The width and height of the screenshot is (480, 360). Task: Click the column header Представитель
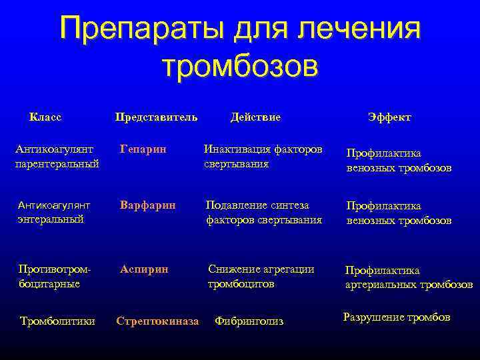tap(156, 117)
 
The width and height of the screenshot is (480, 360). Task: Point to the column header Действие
tap(255, 117)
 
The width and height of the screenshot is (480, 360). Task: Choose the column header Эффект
tap(389, 117)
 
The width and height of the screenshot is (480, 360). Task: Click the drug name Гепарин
tap(143, 148)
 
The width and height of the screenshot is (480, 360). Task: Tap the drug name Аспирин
tap(145, 269)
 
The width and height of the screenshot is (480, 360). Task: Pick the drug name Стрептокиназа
tap(157, 321)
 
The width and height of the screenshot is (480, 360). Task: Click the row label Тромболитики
tap(57, 321)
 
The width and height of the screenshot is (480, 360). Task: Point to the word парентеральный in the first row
tap(57, 163)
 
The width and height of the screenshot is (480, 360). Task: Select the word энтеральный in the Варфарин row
tap(51, 219)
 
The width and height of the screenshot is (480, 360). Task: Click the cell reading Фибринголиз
tap(249, 321)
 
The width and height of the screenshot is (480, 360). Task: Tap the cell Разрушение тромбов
tap(396, 317)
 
